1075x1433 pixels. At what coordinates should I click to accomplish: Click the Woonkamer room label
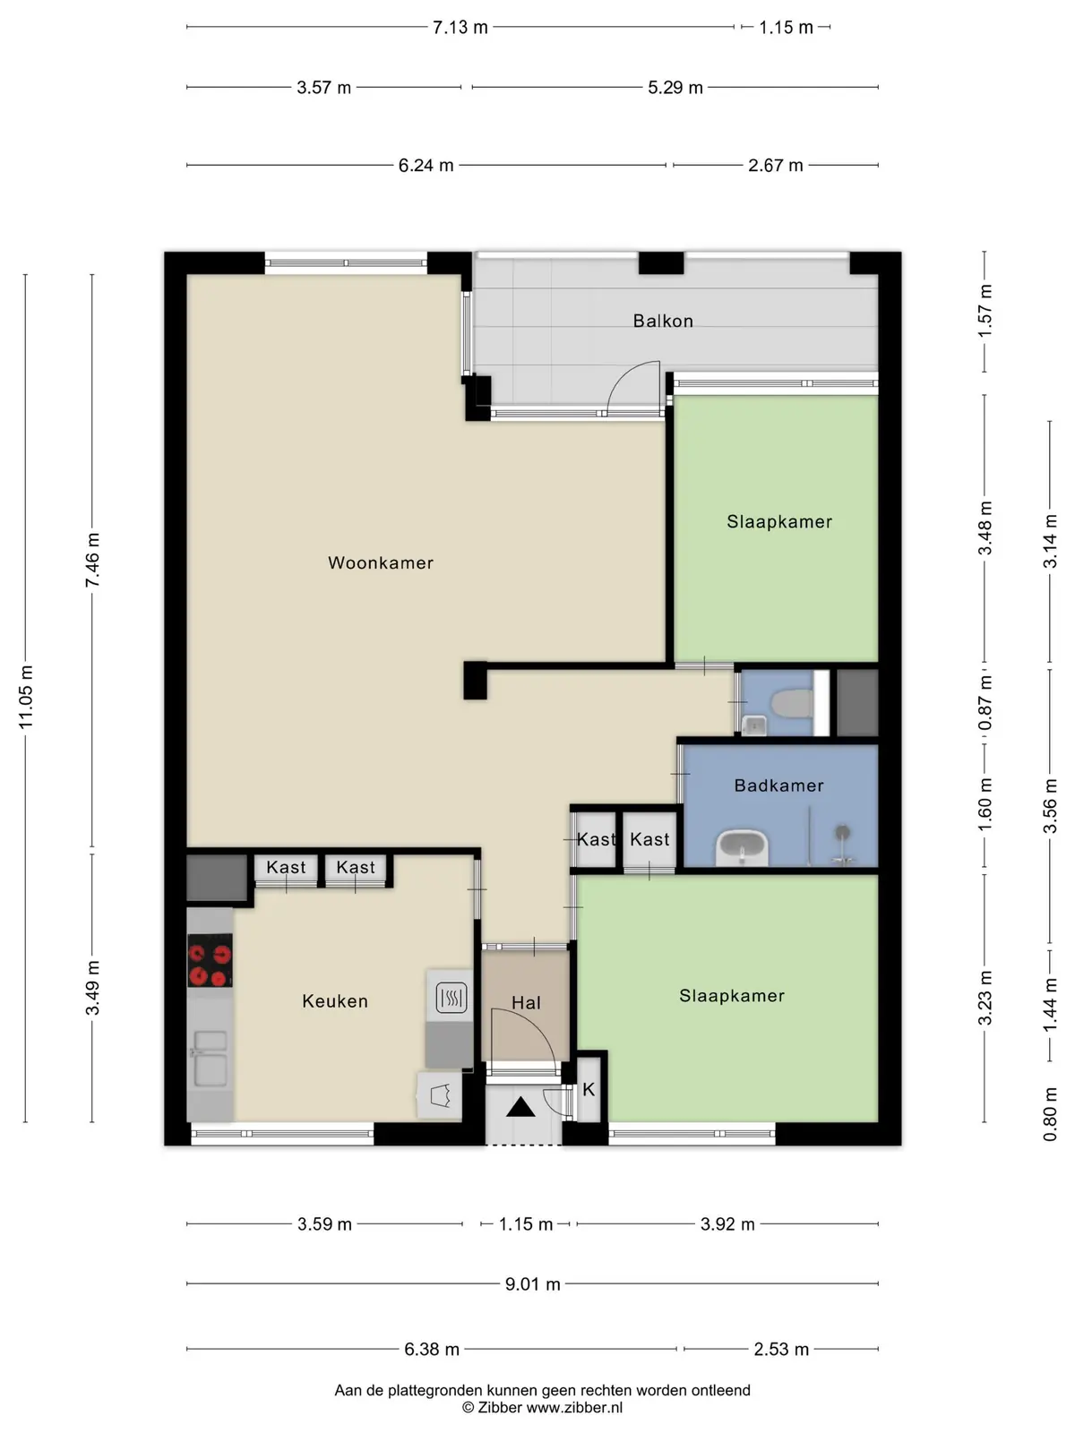pyautogui.click(x=381, y=562)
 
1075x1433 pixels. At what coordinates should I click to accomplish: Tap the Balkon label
pyautogui.click(x=663, y=321)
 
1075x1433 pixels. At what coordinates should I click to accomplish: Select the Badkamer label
pyautogui.click(x=778, y=785)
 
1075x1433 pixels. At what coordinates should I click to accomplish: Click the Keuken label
pyautogui.click(x=335, y=1000)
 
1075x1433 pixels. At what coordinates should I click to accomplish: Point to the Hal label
pyautogui.click(x=526, y=1003)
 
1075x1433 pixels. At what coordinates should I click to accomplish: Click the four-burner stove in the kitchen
pyautogui.click(x=211, y=960)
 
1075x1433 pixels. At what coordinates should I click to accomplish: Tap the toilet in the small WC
pyautogui.click(x=792, y=704)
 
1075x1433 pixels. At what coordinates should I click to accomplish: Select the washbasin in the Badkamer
pyautogui.click(x=742, y=847)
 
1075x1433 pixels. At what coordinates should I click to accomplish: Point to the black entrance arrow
pyautogui.click(x=520, y=1107)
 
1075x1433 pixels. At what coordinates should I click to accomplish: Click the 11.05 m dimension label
pyautogui.click(x=25, y=697)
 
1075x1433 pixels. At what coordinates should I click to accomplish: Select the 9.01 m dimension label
pyautogui.click(x=533, y=1284)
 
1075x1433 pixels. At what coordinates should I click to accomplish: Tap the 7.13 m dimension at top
pyautogui.click(x=460, y=28)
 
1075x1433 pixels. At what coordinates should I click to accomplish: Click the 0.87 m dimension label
pyautogui.click(x=985, y=702)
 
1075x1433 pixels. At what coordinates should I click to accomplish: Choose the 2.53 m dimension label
pyautogui.click(x=781, y=1349)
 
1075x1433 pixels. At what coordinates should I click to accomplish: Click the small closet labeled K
pyautogui.click(x=589, y=1089)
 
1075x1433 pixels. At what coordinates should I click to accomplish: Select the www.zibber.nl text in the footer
pyautogui.click(x=574, y=1408)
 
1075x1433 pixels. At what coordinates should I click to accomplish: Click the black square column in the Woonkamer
pyautogui.click(x=475, y=681)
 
